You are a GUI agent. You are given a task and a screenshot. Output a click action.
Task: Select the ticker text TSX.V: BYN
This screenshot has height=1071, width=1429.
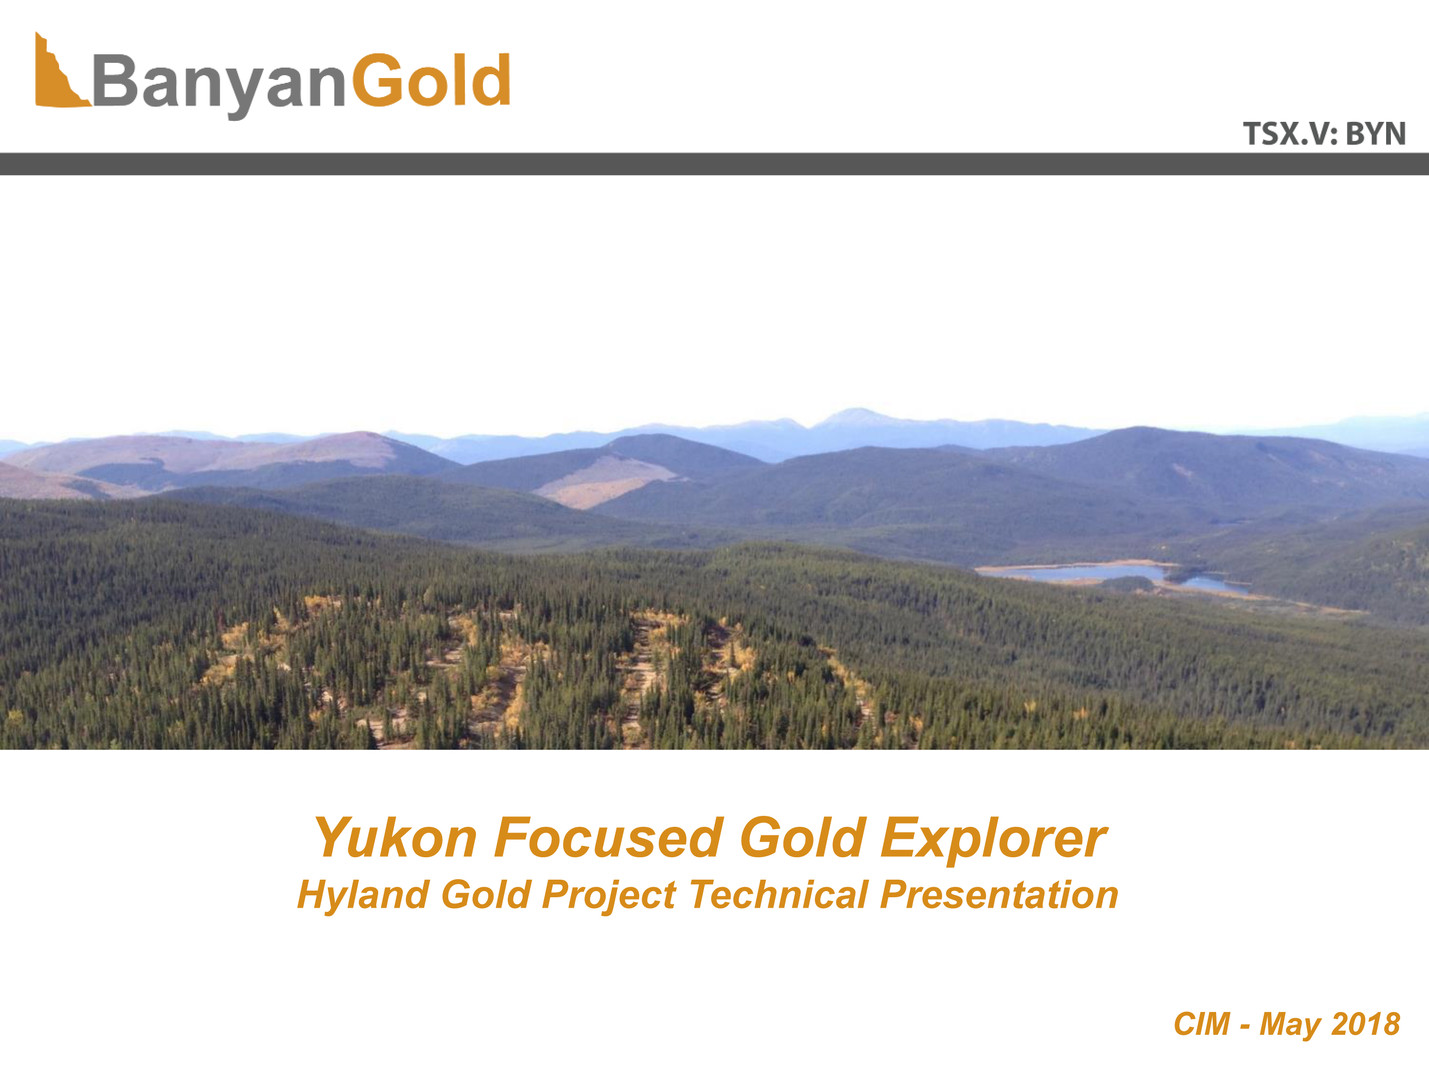point(1324,134)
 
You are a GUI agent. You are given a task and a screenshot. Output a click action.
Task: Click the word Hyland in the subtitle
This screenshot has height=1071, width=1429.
point(363,896)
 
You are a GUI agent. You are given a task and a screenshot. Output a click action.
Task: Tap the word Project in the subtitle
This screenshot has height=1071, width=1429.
point(609,896)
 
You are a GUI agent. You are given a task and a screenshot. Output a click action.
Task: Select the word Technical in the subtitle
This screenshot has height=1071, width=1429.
point(778,895)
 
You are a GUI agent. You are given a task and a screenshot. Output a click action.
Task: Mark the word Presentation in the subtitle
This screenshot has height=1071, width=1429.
point(999,895)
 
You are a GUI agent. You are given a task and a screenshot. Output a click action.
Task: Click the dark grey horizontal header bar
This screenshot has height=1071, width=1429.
point(714,164)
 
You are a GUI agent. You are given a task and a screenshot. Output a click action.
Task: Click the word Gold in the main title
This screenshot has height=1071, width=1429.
point(801,837)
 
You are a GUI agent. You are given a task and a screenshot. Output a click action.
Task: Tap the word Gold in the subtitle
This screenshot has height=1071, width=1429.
point(486,895)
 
